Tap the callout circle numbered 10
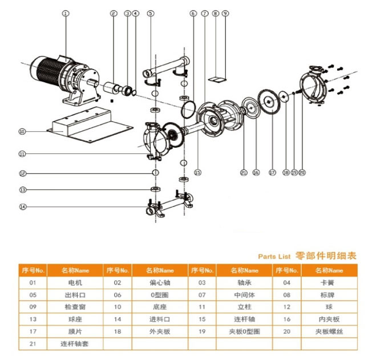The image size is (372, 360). click(x=22, y=132)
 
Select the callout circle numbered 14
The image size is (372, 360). click(x=22, y=207)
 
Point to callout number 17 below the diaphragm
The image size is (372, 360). click(x=272, y=172)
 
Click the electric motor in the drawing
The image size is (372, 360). click(x=57, y=76)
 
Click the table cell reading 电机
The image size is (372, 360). click(x=74, y=282)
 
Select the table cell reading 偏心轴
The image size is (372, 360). click(x=160, y=282)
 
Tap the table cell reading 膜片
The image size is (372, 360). click(x=74, y=331)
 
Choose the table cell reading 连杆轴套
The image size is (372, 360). click(x=74, y=343)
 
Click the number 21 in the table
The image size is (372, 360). click(x=33, y=343)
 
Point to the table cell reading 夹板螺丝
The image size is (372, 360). click(x=329, y=331)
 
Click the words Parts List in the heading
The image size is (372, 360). click(x=274, y=256)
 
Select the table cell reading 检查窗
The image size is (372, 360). click(x=74, y=307)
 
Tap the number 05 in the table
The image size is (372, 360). click(x=33, y=294)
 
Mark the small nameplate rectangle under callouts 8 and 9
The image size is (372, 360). click(x=216, y=75)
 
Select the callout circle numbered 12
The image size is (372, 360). click(x=22, y=173)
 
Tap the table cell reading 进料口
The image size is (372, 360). click(x=160, y=319)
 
